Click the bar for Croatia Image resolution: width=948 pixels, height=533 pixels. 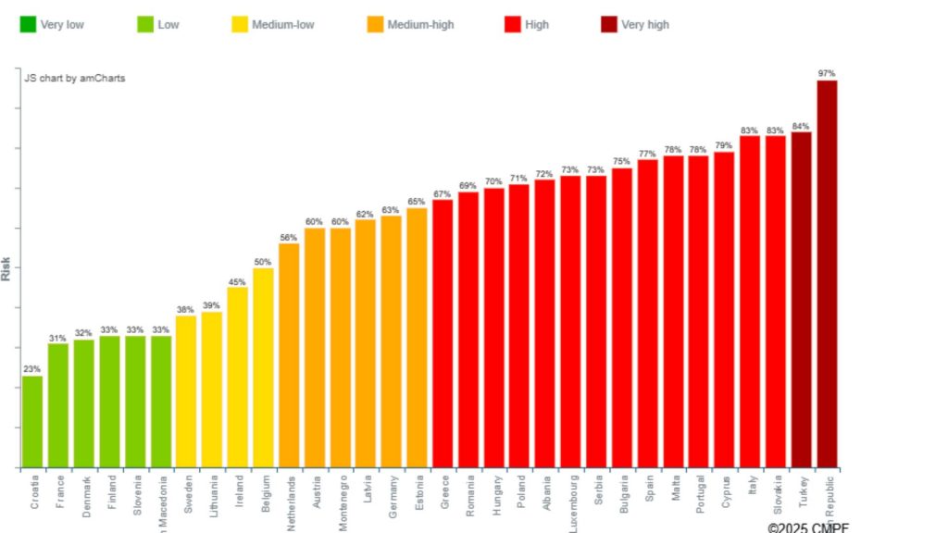(x=32, y=421)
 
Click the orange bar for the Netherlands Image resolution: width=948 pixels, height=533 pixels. (x=289, y=355)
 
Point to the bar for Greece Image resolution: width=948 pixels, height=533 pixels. (x=443, y=333)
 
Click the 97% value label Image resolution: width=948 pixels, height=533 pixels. (x=827, y=73)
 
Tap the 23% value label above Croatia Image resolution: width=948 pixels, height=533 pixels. (x=32, y=369)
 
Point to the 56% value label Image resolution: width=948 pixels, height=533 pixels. (x=289, y=237)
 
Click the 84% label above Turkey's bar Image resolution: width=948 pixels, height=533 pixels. (x=801, y=126)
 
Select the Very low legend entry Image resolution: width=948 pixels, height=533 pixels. (x=52, y=25)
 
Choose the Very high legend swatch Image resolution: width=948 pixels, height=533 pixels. (x=609, y=25)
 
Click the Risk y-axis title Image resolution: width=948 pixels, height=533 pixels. (x=6, y=268)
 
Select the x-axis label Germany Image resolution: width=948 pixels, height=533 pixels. (x=392, y=498)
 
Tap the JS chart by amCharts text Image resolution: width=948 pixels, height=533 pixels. (x=75, y=79)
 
